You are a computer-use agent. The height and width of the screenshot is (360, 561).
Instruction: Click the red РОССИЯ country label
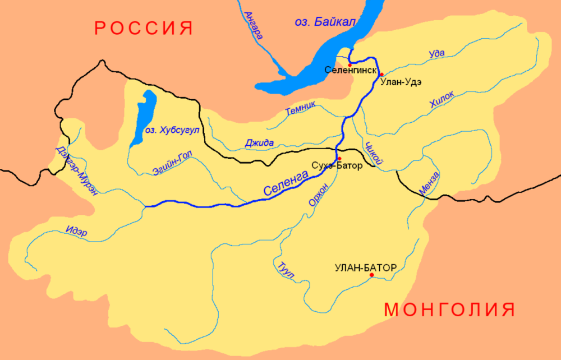click(x=144, y=28)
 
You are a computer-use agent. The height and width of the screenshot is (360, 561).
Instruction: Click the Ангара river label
click(x=253, y=26)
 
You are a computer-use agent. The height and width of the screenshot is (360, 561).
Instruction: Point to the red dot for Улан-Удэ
click(x=381, y=75)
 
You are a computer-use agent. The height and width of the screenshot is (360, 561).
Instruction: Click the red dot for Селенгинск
click(x=350, y=64)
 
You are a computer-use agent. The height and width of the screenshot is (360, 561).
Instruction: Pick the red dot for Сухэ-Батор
click(x=339, y=158)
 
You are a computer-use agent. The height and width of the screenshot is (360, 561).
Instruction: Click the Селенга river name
click(x=286, y=184)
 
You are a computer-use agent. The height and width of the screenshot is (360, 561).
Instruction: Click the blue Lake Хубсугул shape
click(x=145, y=116)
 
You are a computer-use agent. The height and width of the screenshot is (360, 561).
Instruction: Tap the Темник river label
click(x=301, y=108)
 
